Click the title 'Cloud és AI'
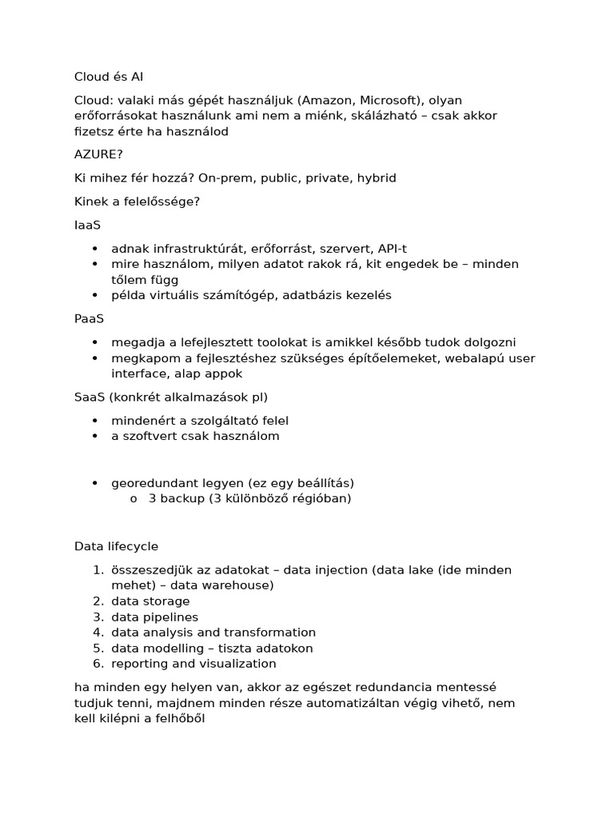109,77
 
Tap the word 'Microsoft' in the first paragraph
387,100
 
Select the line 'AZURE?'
99,154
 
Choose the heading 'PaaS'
89,318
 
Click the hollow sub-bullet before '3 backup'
134,499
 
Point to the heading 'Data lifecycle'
116,546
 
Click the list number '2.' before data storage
98,601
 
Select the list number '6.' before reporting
98,664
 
